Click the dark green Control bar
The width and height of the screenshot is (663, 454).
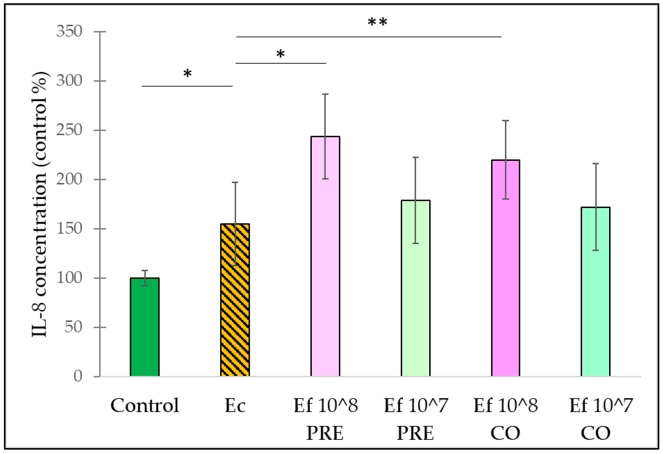(145, 328)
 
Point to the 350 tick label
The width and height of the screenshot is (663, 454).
(69, 31)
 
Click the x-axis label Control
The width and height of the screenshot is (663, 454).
(145, 406)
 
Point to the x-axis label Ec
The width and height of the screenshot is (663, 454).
(235, 406)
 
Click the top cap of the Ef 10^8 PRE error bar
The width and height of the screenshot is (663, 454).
(325, 94)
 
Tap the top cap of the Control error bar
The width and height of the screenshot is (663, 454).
(145, 270)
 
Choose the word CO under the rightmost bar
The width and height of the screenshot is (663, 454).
(596, 433)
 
